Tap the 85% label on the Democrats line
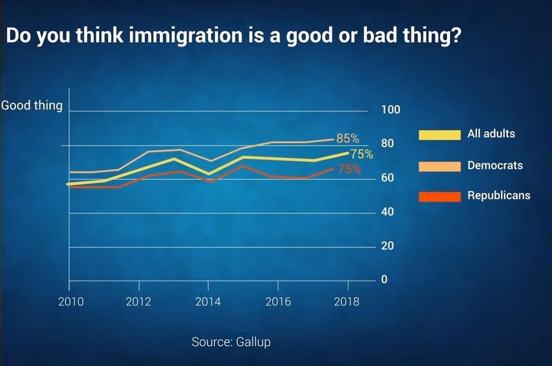[348, 138]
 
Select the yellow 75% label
[362, 154]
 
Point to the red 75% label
[350, 168]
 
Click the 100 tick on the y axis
[390, 110]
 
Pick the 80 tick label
[388, 144]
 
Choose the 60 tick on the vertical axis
[388, 178]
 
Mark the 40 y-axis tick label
[388, 212]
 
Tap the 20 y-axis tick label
[388, 246]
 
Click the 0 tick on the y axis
[384, 280]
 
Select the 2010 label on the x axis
[71, 302]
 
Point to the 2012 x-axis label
[139, 302]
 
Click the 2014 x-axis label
[208, 302]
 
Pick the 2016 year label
[278, 302]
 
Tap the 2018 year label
[346, 302]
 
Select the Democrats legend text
[495, 166]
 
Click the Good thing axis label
[32, 105]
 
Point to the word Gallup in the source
[252, 342]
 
